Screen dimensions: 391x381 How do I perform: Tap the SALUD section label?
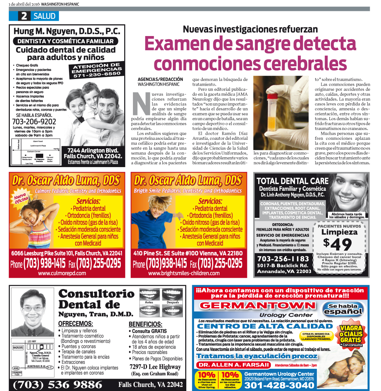point(44,16)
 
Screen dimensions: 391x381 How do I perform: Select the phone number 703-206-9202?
point(34,121)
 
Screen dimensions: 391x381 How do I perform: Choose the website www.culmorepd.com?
point(62,273)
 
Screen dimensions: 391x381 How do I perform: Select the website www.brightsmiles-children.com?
point(184,273)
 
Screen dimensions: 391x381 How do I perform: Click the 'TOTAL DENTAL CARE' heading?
point(292,181)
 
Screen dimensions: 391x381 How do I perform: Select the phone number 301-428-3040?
point(279,385)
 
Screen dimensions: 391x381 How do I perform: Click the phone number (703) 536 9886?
point(58,384)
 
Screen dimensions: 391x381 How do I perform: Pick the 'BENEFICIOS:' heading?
point(145,324)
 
